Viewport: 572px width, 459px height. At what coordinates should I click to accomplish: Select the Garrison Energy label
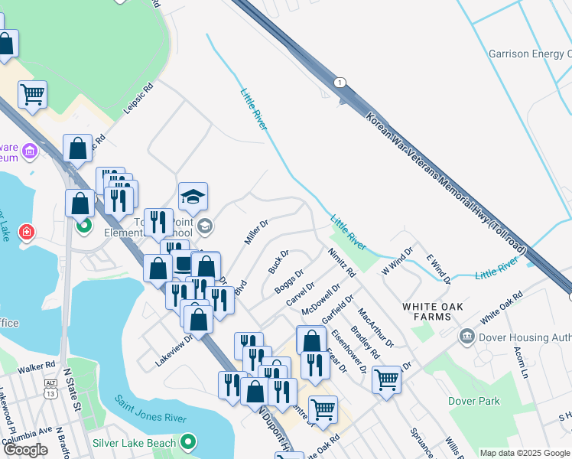coord(530,54)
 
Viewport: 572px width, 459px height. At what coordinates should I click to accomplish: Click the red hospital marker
coord(27,231)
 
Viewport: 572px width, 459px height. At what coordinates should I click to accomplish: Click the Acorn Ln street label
coord(522,360)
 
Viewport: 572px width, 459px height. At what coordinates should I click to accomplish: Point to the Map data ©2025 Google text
coord(525,453)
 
